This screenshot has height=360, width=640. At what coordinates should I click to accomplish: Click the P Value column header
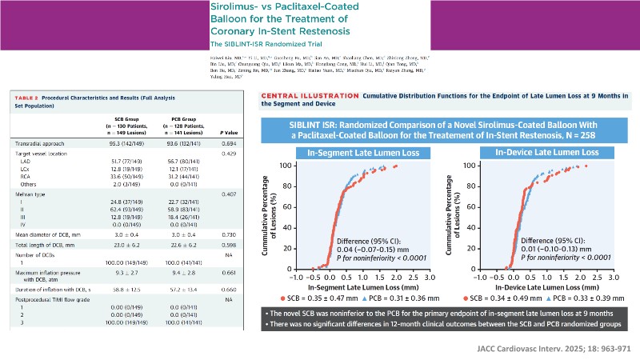tap(230, 132)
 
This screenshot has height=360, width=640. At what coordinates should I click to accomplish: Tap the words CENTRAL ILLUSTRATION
tap(310, 95)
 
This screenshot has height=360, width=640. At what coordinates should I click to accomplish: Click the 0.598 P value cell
tap(230, 244)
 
